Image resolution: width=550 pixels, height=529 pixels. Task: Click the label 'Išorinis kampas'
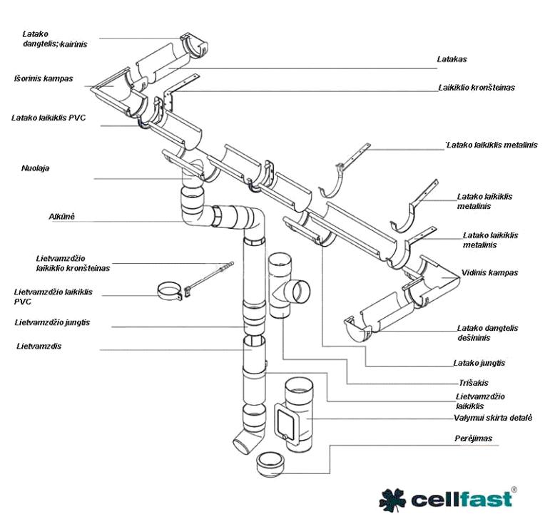click(44, 78)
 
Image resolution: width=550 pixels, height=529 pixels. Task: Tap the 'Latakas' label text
click(452, 59)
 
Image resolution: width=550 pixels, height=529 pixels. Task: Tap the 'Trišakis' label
click(472, 381)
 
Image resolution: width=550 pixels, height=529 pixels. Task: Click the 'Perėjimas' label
click(474, 438)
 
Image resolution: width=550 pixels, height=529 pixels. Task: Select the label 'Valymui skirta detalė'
click(492, 418)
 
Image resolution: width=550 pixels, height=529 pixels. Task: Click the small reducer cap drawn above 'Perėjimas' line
click(271, 464)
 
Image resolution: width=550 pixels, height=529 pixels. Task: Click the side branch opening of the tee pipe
click(300, 292)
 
